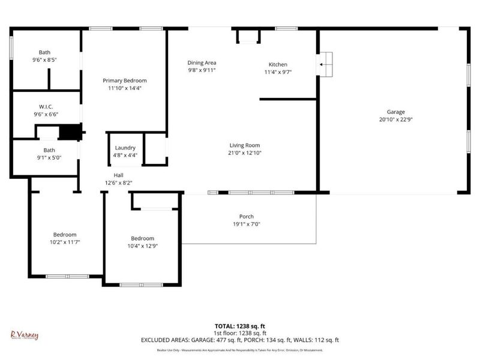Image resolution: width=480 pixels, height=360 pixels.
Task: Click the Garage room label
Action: [x=395, y=112]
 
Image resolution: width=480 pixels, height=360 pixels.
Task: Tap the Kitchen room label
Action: [x=277, y=64]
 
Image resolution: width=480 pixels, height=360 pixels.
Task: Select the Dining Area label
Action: [x=202, y=62]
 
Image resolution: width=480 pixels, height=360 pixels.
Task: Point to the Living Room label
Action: [x=244, y=145]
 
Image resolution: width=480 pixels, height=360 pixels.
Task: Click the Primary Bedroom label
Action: [x=124, y=80]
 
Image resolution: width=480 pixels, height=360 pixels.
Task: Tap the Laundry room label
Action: [x=125, y=148]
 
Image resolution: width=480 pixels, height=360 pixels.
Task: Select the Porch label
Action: [x=246, y=217]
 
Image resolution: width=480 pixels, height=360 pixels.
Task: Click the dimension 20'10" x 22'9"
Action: [x=395, y=119]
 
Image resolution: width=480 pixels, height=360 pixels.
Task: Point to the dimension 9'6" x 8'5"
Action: [x=45, y=59]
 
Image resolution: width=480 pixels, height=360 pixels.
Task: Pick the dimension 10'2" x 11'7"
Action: [x=65, y=242]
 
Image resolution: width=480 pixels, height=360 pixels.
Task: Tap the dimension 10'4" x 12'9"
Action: [x=142, y=245]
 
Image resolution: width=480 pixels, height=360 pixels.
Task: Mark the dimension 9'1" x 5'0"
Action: [x=49, y=158]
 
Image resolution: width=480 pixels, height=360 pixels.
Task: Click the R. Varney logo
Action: [x=25, y=335]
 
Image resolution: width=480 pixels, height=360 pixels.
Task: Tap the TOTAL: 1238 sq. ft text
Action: [x=240, y=326]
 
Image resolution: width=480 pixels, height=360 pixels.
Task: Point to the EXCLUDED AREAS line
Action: [x=240, y=340]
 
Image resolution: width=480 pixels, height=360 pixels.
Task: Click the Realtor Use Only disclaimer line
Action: [x=240, y=349]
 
